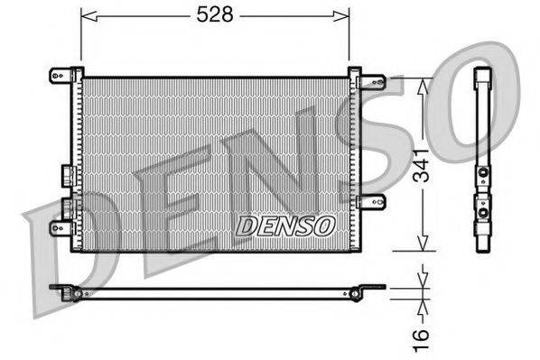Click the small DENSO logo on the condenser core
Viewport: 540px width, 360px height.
pos(285,224)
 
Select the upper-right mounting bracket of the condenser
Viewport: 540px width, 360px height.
pos(368,81)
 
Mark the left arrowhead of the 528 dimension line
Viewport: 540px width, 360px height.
pos(86,14)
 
